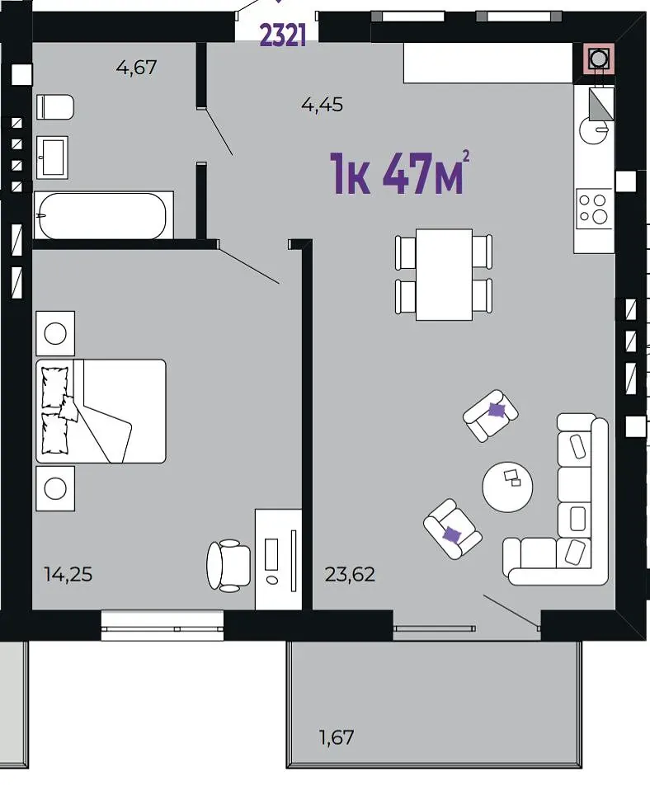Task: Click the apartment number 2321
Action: (283, 35)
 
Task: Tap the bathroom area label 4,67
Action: (136, 67)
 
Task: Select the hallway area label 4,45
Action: (323, 105)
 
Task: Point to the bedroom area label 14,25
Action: (68, 574)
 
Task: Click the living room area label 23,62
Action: (350, 574)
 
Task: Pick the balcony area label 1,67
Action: (337, 737)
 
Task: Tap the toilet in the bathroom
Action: (55, 106)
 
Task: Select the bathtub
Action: (103, 216)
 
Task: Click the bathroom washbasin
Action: (52, 158)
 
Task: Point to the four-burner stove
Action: (594, 209)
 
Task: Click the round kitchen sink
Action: (595, 131)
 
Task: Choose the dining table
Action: (444, 274)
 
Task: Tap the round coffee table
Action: (507, 487)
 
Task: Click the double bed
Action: (101, 411)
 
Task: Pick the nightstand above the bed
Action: (55, 333)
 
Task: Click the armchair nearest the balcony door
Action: (453, 529)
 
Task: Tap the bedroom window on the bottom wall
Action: (162, 626)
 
